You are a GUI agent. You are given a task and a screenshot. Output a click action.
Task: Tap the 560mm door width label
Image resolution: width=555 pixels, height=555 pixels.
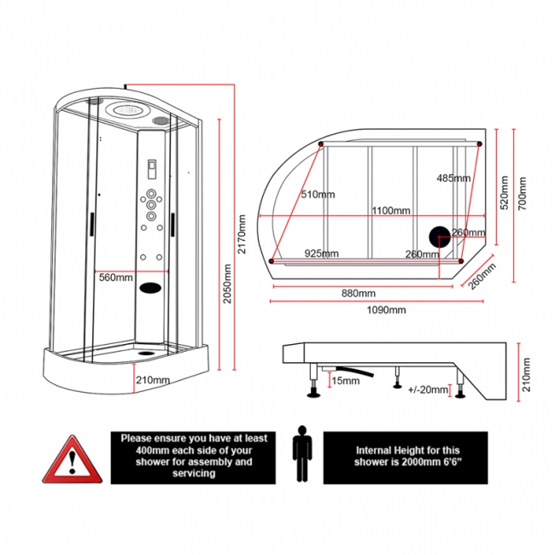(115, 277)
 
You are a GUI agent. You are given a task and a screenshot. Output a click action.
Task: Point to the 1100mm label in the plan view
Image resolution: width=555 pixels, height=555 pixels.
(390, 211)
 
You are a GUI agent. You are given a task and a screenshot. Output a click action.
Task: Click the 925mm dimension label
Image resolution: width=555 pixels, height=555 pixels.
(321, 254)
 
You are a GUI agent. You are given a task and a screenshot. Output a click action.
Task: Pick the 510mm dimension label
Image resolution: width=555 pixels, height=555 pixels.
(317, 195)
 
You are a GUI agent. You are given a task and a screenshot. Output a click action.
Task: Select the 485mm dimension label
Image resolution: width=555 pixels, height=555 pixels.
(453, 178)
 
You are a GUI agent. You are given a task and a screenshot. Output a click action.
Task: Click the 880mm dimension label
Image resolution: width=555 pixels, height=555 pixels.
(359, 294)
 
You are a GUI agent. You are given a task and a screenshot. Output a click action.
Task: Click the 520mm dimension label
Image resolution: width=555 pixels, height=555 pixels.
(504, 192)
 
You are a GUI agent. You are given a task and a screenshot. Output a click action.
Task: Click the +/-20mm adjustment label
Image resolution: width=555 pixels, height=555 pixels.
(427, 389)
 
